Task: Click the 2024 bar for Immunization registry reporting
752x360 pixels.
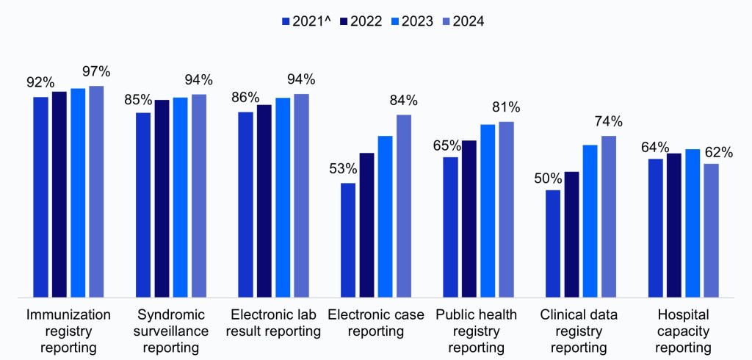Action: tap(96, 192)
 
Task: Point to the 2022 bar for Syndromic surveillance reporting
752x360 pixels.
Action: tap(162, 198)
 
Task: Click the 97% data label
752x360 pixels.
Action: tap(96, 71)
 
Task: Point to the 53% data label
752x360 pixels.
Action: tap(343, 168)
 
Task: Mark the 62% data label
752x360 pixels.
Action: tap(718, 152)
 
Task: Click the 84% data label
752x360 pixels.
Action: tap(403, 100)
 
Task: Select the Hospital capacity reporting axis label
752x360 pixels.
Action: tap(684, 331)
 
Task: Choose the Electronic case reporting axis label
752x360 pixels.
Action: tap(376, 323)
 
